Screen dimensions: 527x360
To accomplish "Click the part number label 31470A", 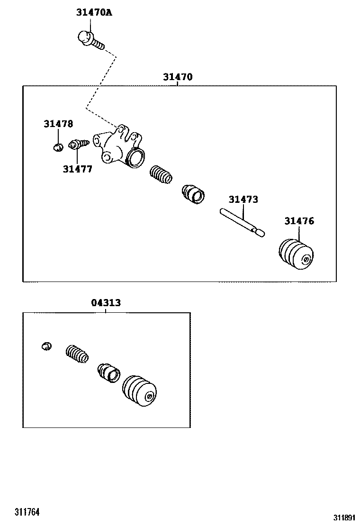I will pyautogui.click(x=94, y=13).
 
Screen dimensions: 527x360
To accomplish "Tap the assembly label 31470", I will pyautogui.click(x=178, y=77).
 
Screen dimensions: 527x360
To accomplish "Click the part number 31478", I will pyautogui.click(x=58, y=124).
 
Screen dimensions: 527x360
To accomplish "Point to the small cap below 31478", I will pyautogui.click(x=58, y=147).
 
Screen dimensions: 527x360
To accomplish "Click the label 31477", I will pyautogui.click(x=77, y=169).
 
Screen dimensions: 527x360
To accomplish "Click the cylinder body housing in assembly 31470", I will pyautogui.click(x=120, y=148).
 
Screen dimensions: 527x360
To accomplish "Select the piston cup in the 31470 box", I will pyautogui.click(x=193, y=194).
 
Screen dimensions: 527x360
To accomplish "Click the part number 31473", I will pyautogui.click(x=243, y=200).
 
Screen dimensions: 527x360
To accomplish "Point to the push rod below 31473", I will pyautogui.click(x=242, y=222).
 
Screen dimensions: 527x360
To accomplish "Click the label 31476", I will pyautogui.click(x=299, y=221).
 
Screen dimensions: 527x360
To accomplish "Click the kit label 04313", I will pyautogui.click(x=106, y=303).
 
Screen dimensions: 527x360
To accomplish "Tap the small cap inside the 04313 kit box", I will pyautogui.click(x=46, y=346).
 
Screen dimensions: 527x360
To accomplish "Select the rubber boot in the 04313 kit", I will pyautogui.click(x=139, y=391).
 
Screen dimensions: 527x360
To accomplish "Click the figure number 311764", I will pyautogui.click(x=27, y=512).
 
